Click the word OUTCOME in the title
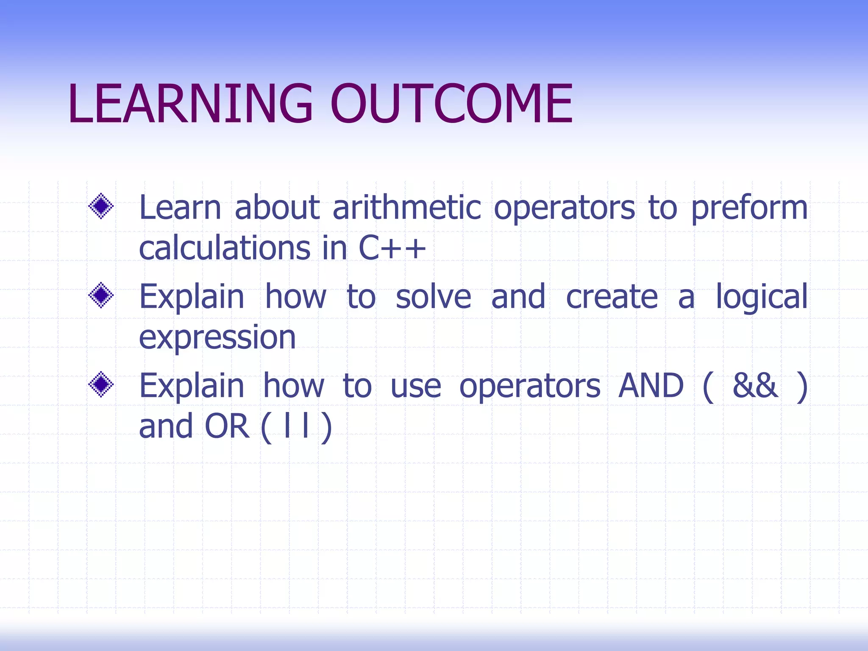pos(451,104)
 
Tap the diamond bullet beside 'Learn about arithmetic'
pos(101,206)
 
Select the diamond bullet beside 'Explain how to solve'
pos(101,295)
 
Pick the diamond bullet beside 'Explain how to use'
pos(101,384)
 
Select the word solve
pos(433,298)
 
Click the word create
pos(612,298)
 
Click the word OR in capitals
pos(227,426)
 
